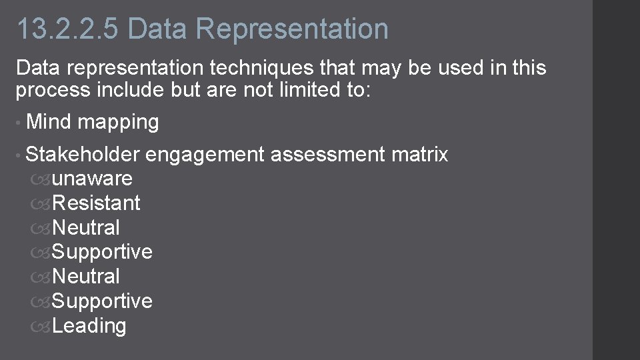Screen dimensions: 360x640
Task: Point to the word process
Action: [x=53, y=90]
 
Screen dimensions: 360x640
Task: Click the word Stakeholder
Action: [x=82, y=155]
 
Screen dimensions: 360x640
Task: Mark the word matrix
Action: [x=420, y=155]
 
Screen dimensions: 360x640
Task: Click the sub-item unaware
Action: [x=92, y=179]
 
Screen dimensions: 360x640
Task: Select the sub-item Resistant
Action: [x=96, y=203]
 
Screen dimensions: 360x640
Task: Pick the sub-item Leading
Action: [x=89, y=326]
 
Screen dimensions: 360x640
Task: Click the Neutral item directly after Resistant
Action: [x=86, y=227]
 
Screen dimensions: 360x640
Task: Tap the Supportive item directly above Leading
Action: [x=102, y=301]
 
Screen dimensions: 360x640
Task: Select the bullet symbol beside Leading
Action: [x=40, y=326]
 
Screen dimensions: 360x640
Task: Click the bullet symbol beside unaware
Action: [x=40, y=179]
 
